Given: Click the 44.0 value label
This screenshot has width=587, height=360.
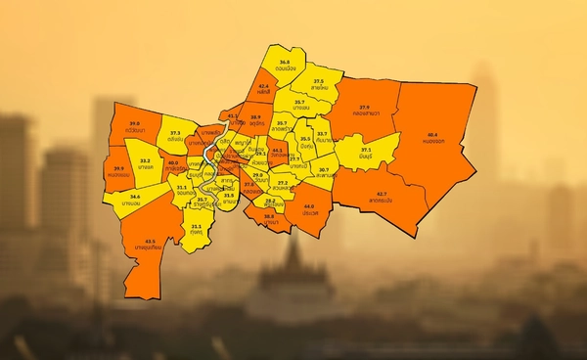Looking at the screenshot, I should (x=309, y=206).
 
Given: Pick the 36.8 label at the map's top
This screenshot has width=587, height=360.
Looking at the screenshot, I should (x=284, y=62).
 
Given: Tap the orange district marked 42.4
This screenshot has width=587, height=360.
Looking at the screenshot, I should (x=263, y=86).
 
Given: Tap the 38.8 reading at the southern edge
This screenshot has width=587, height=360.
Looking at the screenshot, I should (x=269, y=216).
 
